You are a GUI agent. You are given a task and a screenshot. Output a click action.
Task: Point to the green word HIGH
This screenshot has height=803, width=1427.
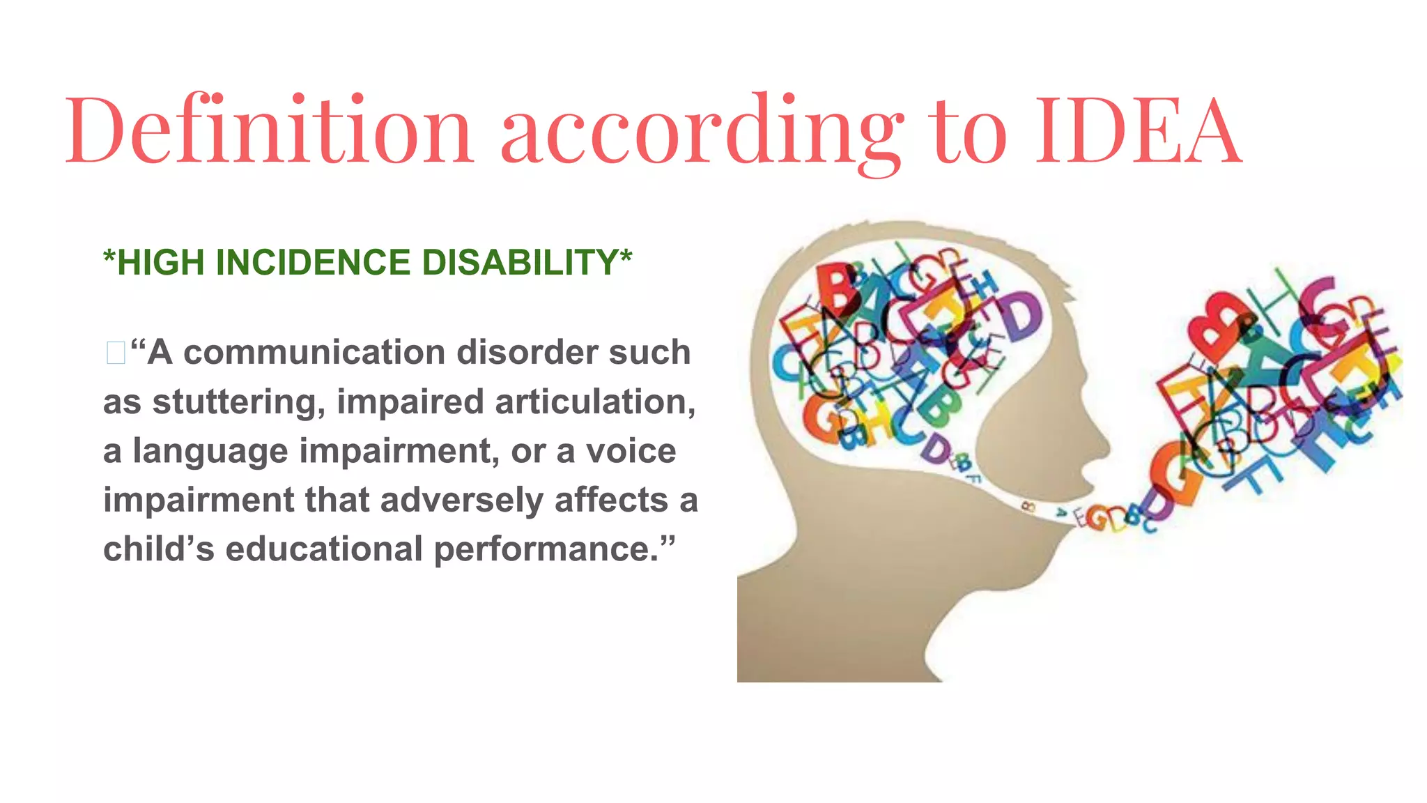click(x=161, y=263)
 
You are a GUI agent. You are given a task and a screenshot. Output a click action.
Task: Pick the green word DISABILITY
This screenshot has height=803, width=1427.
click(x=520, y=263)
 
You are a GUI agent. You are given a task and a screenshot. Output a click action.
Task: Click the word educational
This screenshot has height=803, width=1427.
click(x=324, y=549)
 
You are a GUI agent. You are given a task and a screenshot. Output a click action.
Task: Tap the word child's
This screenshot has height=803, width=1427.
click(x=159, y=549)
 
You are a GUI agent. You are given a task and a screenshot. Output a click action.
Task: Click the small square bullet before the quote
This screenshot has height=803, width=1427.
click(x=116, y=353)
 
